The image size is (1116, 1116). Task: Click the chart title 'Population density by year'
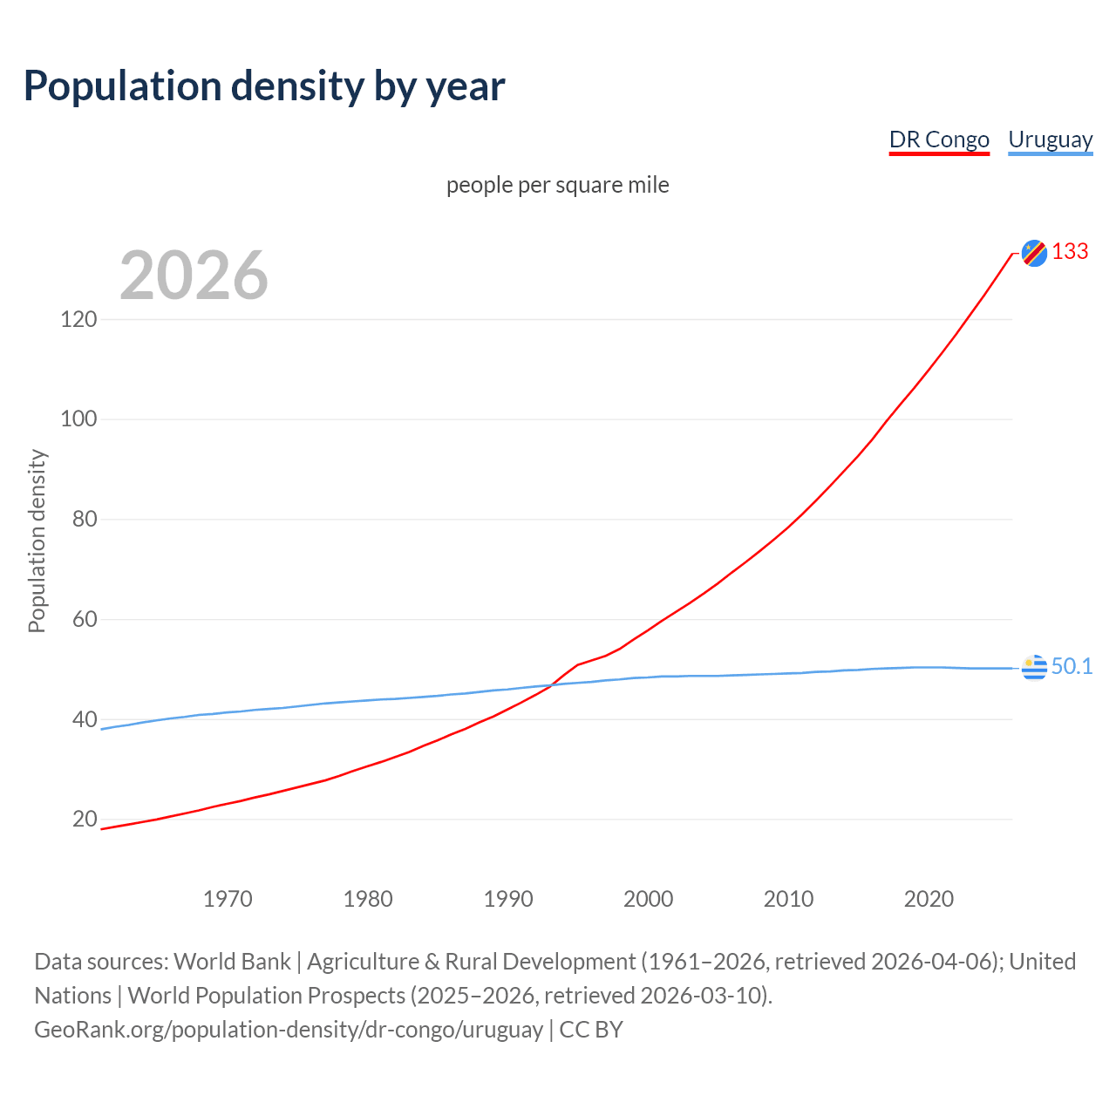pos(264,86)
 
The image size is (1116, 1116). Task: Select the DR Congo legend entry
pos(939,139)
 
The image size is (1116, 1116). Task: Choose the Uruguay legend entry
pos(1050,139)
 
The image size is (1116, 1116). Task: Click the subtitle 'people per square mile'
pos(557,185)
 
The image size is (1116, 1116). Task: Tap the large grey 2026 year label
pos(194,276)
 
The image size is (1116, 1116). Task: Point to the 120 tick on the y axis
pos(78,319)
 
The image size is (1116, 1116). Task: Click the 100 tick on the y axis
pos(78,419)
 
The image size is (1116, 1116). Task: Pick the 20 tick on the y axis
pos(84,820)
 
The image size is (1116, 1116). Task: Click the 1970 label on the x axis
pos(228,899)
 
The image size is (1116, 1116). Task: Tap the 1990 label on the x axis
pos(508,899)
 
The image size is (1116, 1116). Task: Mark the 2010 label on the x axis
pos(788,899)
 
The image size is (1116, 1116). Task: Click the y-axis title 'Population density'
pos(37,541)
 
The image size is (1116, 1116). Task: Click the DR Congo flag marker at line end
pos(1034,253)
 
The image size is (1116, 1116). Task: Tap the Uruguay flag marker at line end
pos(1034,667)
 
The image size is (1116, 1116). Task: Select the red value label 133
pos(1070,252)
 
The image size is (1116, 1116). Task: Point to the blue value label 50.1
pos(1072,667)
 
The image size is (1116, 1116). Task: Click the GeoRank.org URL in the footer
pos(289,1030)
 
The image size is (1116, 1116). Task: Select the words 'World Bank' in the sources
pos(232,962)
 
